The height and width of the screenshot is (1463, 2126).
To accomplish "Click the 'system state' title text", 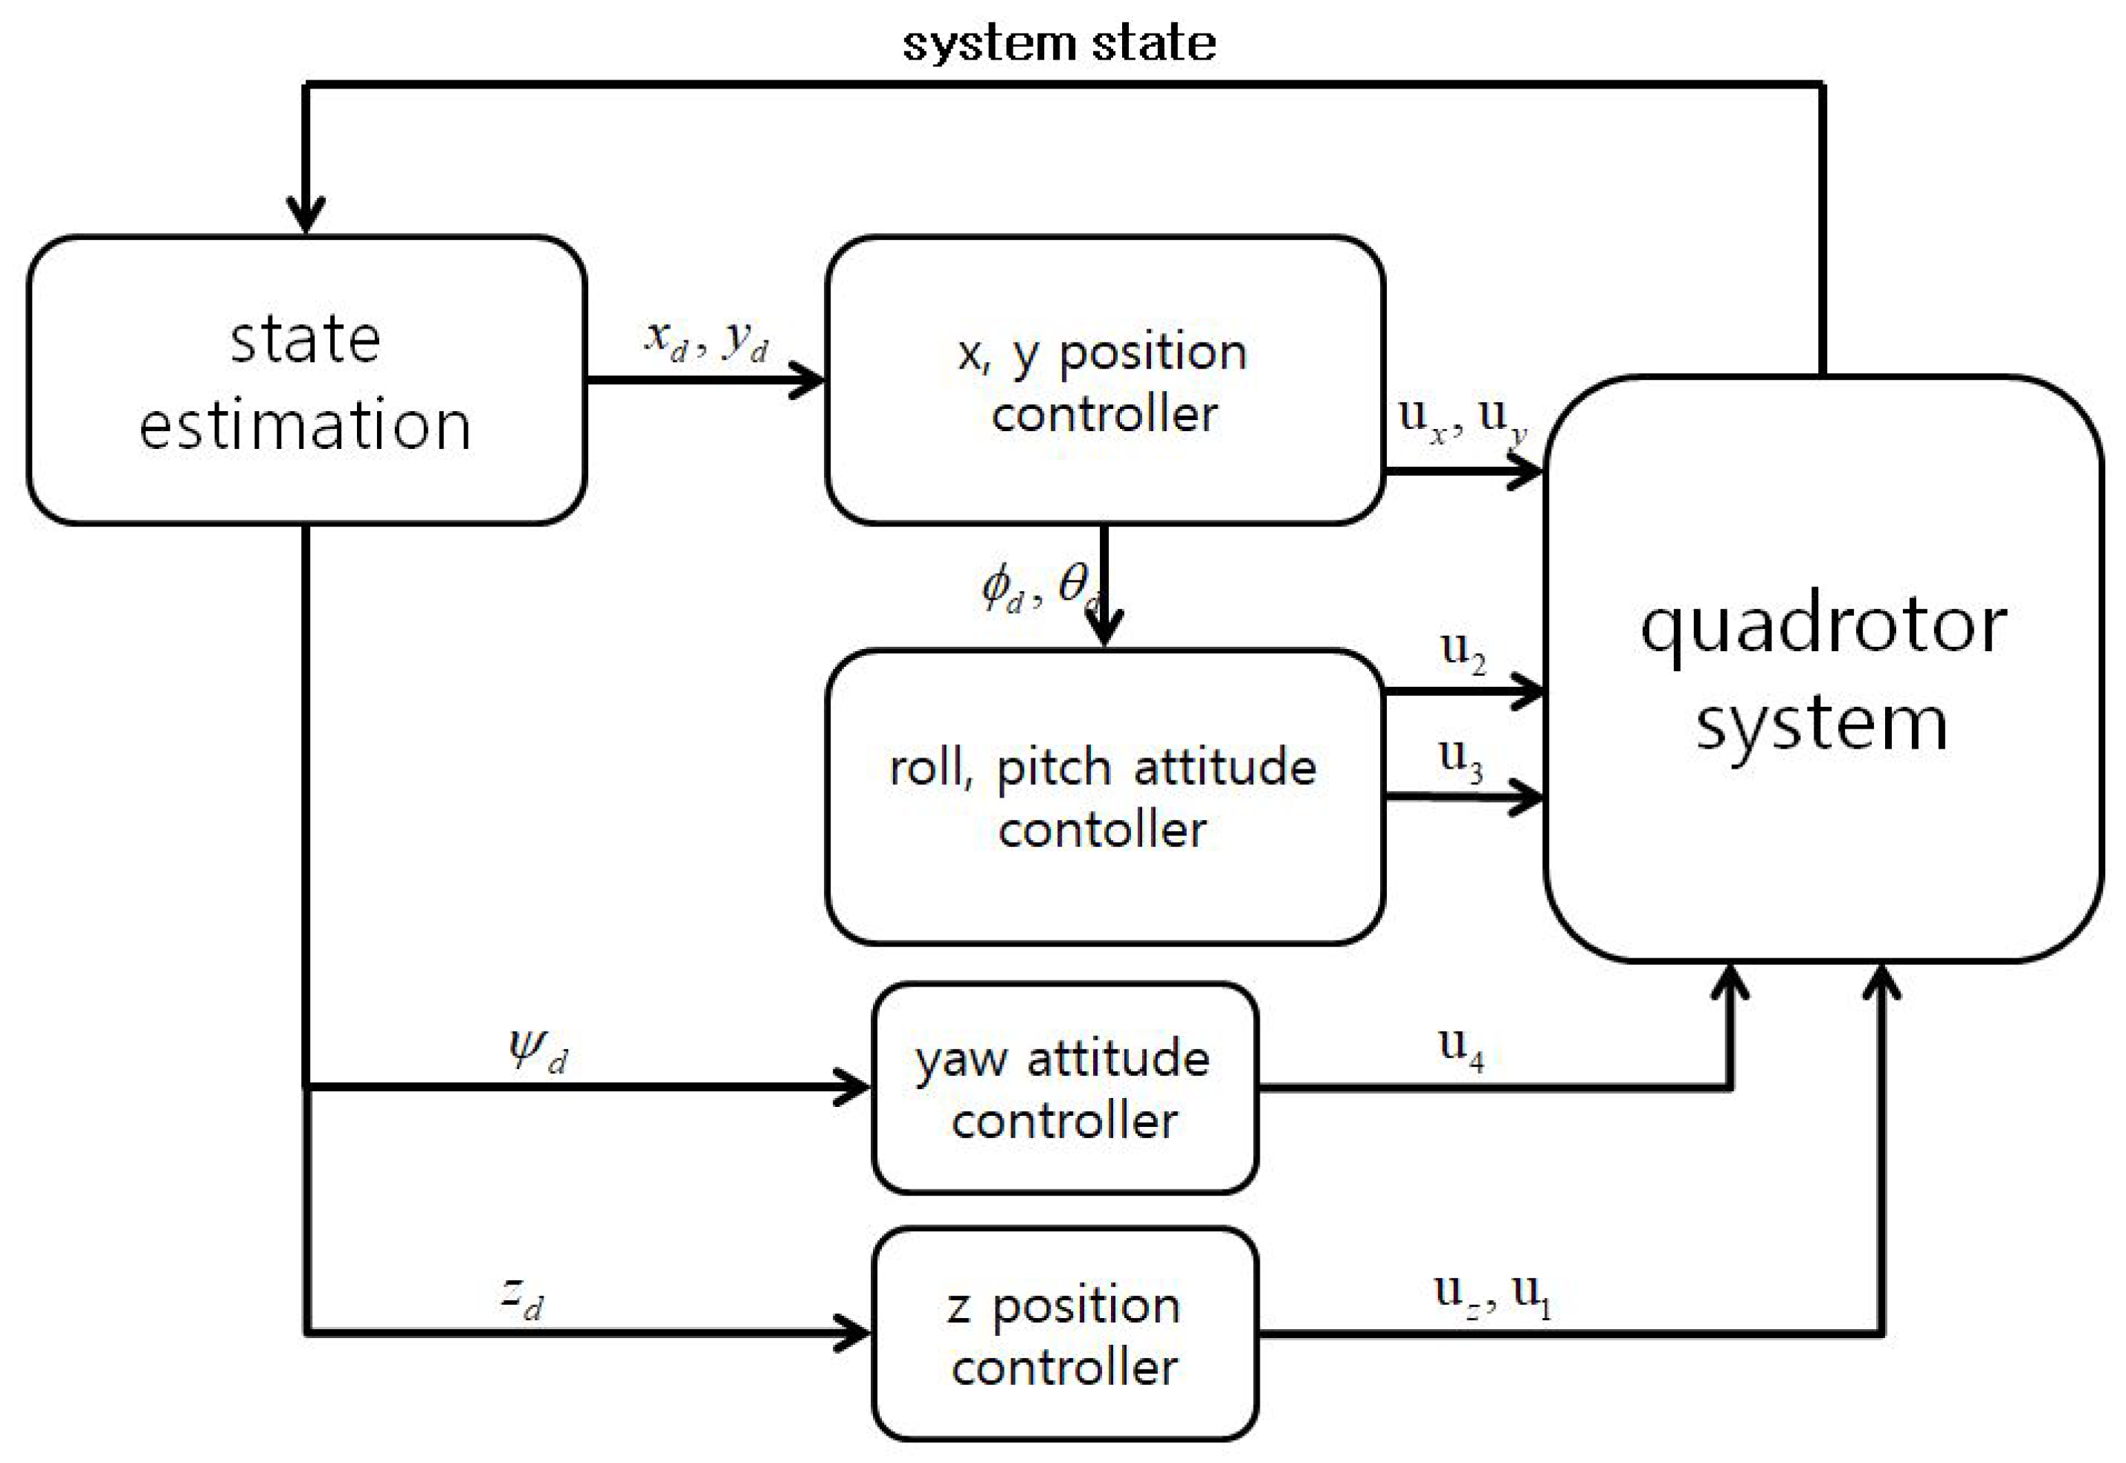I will click(x=1059, y=44).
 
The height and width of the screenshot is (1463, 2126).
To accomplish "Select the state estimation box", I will click(x=306, y=381).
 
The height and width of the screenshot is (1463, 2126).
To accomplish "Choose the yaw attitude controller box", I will click(x=1064, y=1088).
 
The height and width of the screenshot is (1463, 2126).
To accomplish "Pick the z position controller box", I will click(x=1064, y=1334).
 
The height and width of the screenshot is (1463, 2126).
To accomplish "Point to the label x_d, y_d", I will click(x=705, y=341).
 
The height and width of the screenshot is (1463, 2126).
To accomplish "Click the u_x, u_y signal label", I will click(x=1461, y=419).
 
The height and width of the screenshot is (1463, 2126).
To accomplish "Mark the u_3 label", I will click(x=1460, y=759).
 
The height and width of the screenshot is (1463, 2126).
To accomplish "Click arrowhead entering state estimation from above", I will click(x=306, y=216).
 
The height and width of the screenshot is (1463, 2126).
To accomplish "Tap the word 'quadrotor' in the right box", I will click(x=1823, y=629).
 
